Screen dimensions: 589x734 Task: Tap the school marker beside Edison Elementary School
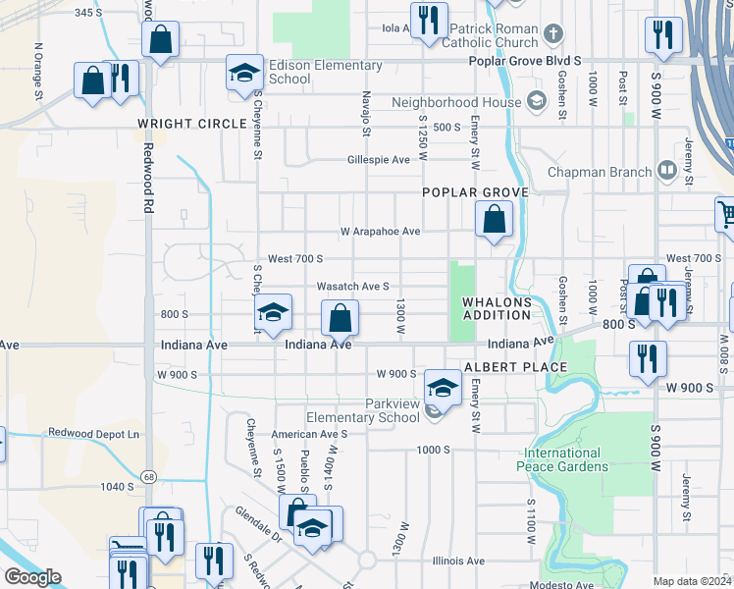pyautogui.click(x=244, y=73)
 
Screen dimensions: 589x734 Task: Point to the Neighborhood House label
pyautogui.click(x=456, y=102)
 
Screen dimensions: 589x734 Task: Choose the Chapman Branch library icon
pyautogui.click(x=667, y=172)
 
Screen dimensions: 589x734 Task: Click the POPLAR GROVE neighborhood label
pyautogui.click(x=476, y=192)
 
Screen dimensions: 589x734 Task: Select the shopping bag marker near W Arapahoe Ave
pyautogui.click(x=494, y=219)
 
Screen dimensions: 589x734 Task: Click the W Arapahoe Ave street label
pyautogui.click(x=380, y=232)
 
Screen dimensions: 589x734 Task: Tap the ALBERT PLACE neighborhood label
pyautogui.click(x=515, y=367)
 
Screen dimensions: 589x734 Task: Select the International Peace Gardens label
pyautogui.click(x=562, y=460)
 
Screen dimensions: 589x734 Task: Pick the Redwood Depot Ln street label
pyautogui.click(x=95, y=433)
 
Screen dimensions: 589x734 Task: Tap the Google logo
pyautogui.click(x=32, y=577)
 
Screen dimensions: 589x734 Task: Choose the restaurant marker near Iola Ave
pyautogui.click(x=428, y=22)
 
